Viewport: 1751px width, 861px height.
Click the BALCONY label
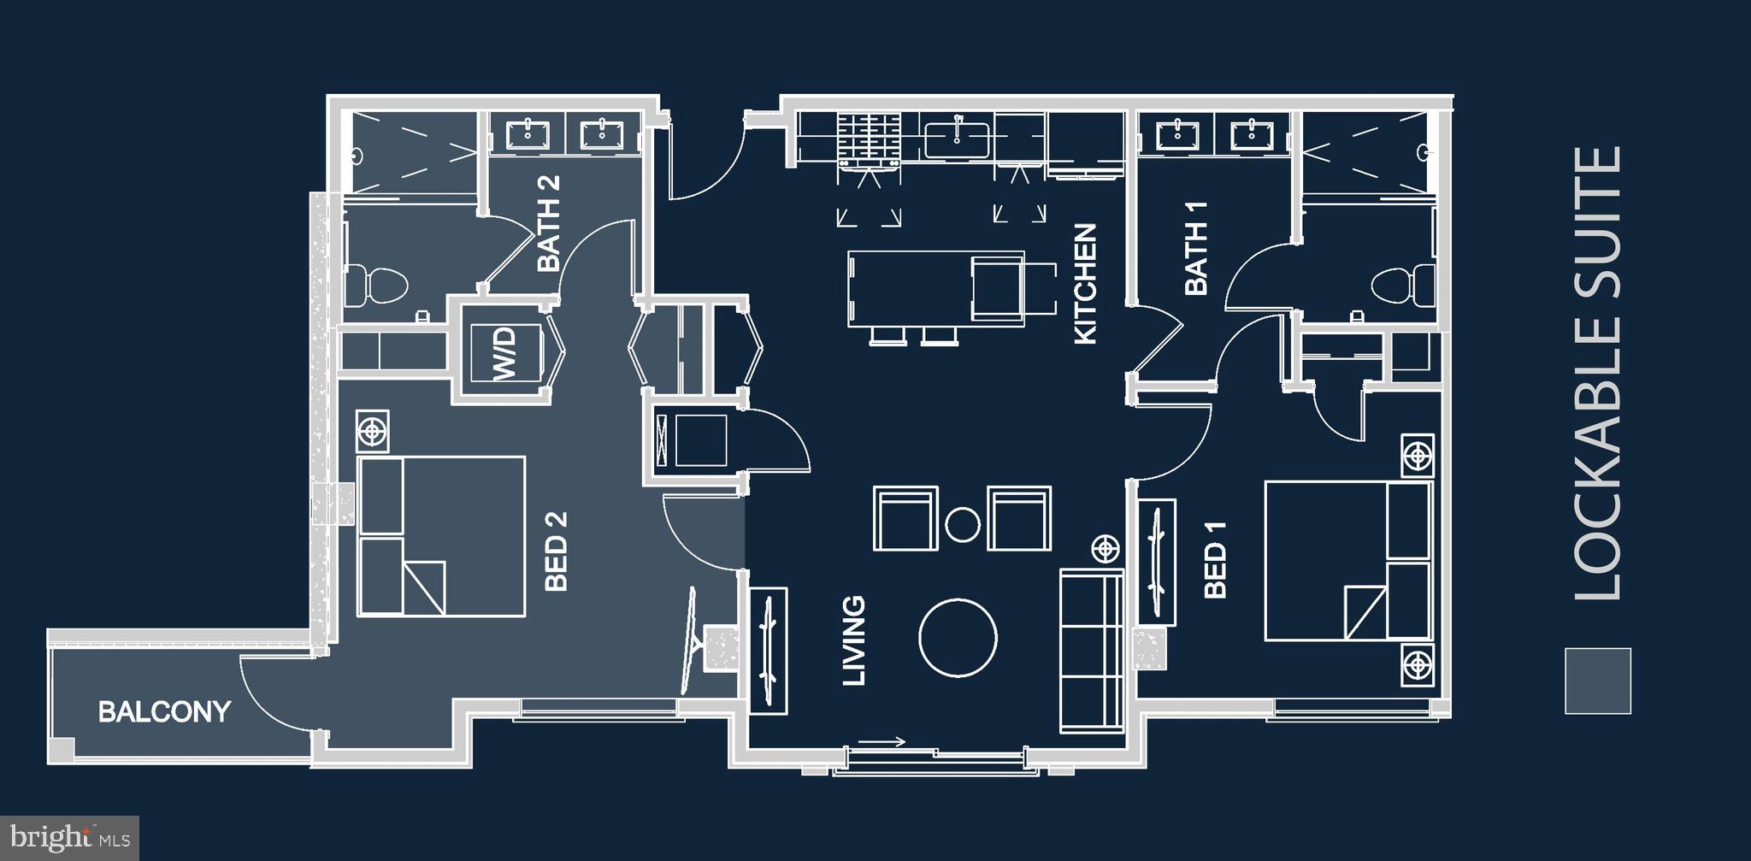click(164, 711)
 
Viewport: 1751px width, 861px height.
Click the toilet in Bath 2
click(377, 285)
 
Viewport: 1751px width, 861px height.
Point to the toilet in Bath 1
click(1402, 284)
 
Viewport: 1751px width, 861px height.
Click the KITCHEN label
click(1085, 284)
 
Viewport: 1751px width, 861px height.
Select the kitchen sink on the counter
click(957, 139)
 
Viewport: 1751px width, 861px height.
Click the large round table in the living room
click(958, 638)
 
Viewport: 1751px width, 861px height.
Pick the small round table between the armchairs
click(963, 524)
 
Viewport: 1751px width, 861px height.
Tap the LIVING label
click(854, 640)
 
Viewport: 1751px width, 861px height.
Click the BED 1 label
click(1215, 559)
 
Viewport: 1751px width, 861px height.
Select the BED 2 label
click(556, 551)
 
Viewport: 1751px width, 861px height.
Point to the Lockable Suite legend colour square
click(1597, 681)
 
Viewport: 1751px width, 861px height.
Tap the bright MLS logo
click(69, 836)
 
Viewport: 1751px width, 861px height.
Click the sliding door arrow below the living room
click(881, 742)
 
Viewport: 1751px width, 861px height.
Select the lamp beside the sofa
click(1105, 548)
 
